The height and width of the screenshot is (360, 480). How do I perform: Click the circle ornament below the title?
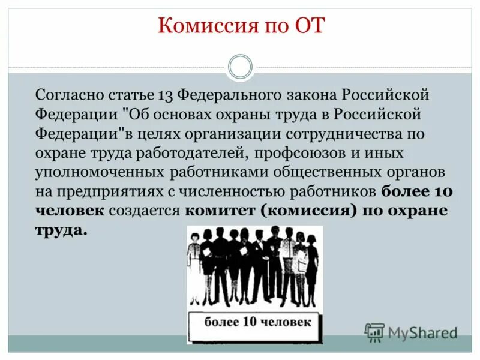click(x=241, y=67)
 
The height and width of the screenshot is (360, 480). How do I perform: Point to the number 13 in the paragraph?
click(x=166, y=96)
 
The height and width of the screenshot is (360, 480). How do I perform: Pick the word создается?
click(x=145, y=211)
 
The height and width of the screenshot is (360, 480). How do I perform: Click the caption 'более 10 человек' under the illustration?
click(x=257, y=322)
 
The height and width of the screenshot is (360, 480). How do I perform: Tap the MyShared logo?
click(x=412, y=332)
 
